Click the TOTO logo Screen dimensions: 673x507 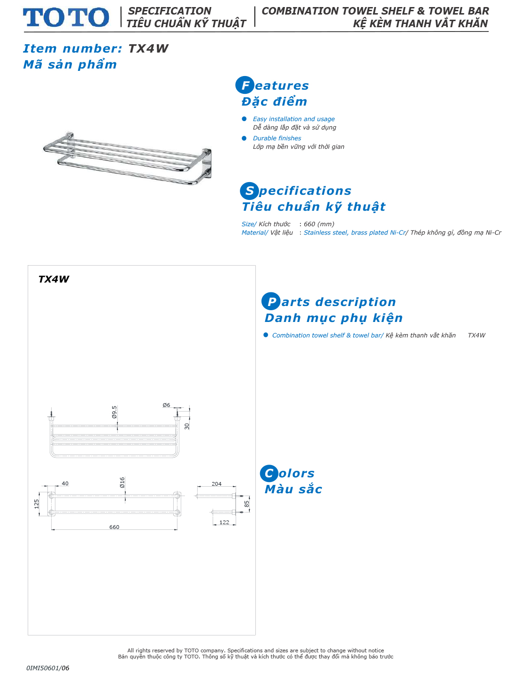click(66, 17)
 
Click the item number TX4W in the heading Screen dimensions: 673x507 click(148, 48)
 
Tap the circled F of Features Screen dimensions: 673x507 click(245, 85)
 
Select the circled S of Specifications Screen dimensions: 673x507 click(249, 191)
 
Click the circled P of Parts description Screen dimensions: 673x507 click(271, 301)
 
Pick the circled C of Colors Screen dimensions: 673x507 click(269, 473)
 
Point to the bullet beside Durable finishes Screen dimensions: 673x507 click(244, 138)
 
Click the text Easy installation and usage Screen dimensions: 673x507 click(294, 119)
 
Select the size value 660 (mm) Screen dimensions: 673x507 click(319, 224)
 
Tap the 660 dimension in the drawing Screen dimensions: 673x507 click(114, 527)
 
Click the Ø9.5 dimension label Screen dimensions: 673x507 click(115, 412)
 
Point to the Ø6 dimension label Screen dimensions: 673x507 click(167, 405)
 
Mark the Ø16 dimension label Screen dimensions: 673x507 click(123, 482)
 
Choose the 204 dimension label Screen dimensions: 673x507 click(216, 484)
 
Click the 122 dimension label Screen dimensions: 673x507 click(224, 522)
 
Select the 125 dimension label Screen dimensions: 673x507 click(37, 504)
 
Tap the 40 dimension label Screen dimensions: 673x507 click(65, 483)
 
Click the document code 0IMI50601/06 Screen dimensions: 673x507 click(48, 668)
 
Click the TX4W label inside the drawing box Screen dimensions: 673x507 click(54, 279)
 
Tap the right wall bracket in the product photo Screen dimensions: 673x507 click(207, 163)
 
